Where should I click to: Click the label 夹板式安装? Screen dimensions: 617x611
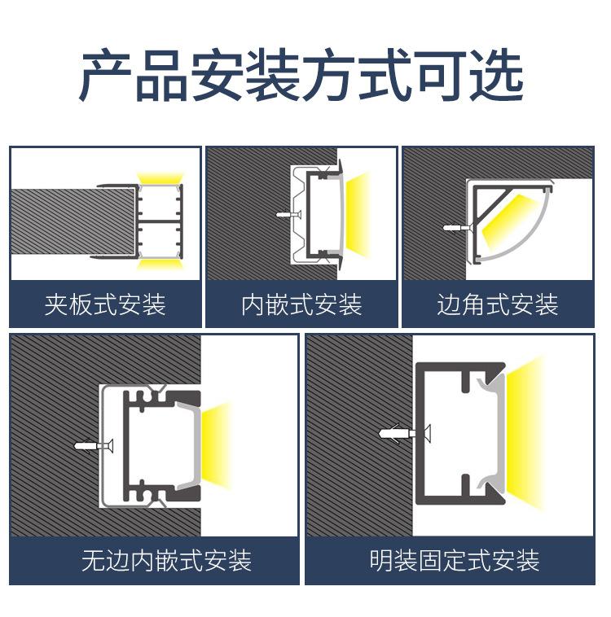(105, 305)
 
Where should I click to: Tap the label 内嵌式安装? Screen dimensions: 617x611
(301, 305)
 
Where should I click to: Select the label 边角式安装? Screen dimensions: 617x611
(498, 305)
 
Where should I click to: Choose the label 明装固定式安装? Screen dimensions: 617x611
(455, 561)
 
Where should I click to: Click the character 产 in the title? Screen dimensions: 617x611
(105, 77)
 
